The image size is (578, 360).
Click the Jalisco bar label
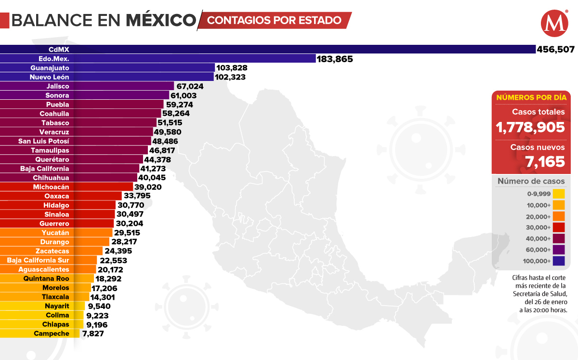[58, 86]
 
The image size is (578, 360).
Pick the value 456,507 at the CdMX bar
[555, 50]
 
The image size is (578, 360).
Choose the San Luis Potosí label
[44, 141]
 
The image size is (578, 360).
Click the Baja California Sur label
[38, 260]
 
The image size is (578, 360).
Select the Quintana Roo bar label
[46, 279]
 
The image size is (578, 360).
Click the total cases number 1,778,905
[530, 127]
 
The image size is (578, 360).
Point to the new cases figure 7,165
[545, 162]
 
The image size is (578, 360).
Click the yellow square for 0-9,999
[558, 194]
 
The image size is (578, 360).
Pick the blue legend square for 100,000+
[558, 261]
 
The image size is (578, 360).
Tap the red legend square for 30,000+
[558, 227]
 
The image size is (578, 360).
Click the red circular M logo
[554, 24]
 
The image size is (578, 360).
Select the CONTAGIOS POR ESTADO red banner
[275, 20]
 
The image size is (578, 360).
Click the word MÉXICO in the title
[161, 20]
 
